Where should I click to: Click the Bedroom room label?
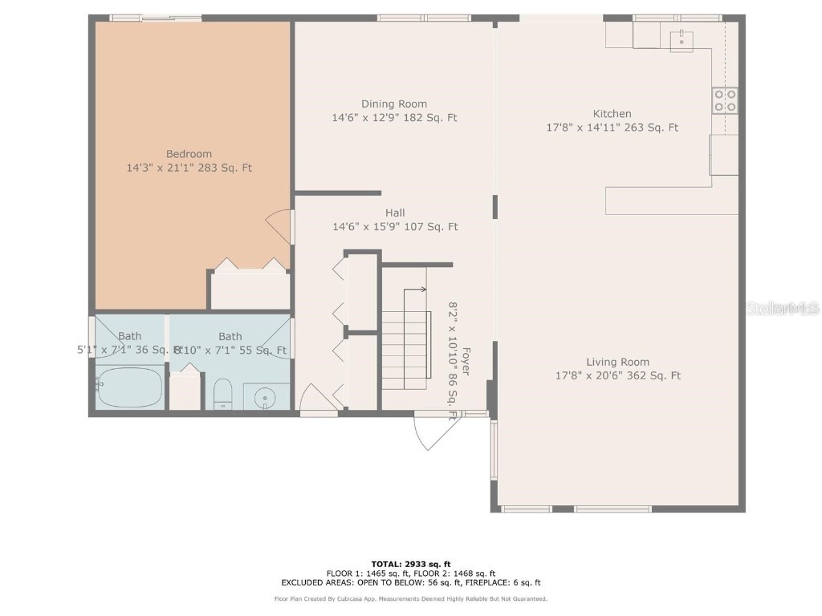tap(189, 154)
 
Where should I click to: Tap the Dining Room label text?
tap(394, 103)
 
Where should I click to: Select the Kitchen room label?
tap(612, 114)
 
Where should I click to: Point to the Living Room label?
tap(617, 362)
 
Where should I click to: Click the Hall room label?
tap(395, 213)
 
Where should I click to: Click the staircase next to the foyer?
tap(405, 349)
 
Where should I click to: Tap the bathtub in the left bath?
tap(129, 387)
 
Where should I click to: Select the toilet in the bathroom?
tap(223, 394)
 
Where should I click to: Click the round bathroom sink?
tap(265, 396)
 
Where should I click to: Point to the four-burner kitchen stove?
tap(724, 100)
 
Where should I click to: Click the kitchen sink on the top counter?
tap(681, 38)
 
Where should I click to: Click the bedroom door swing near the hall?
tap(280, 228)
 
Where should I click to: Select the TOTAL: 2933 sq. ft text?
tap(410, 564)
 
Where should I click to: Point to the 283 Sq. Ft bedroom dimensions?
tap(189, 168)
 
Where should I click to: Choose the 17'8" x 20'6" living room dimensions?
tap(617, 375)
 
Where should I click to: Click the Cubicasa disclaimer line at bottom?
tap(410, 598)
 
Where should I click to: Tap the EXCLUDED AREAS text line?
tap(410, 582)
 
